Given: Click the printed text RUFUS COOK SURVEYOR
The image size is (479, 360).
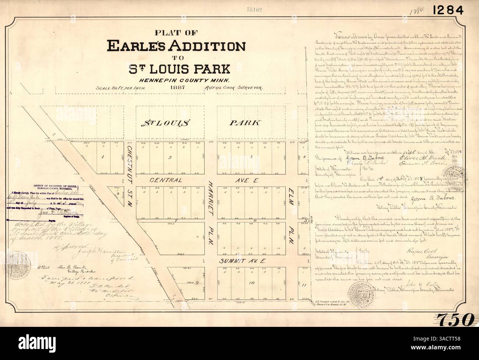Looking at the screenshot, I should click(232, 89).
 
